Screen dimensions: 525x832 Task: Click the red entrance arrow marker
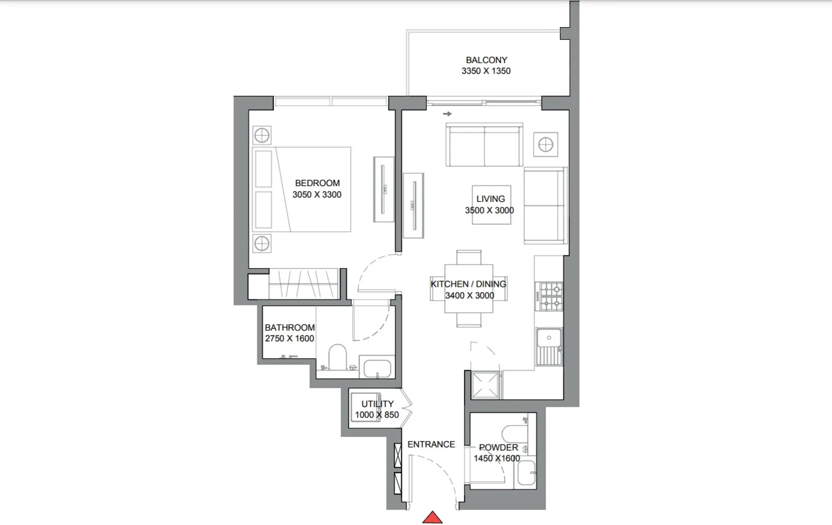pyautogui.click(x=432, y=517)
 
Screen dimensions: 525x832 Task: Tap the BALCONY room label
pyautogui.click(x=486, y=60)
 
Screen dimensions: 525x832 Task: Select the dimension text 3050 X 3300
pyautogui.click(x=316, y=195)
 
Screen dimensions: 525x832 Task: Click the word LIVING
pyautogui.click(x=490, y=199)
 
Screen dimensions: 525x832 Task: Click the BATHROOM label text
pyautogui.click(x=289, y=328)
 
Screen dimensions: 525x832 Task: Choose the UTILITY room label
pyautogui.click(x=377, y=404)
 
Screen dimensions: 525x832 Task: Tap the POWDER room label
pyautogui.click(x=498, y=448)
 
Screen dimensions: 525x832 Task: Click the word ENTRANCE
pyautogui.click(x=431, y=444)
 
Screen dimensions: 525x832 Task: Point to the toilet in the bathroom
pyautogui.click(x=338, y=357)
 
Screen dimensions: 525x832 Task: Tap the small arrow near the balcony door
pyautogui.click(x=447, y=114)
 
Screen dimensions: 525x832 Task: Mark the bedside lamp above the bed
pyautogui.click(x=262, y=136)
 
